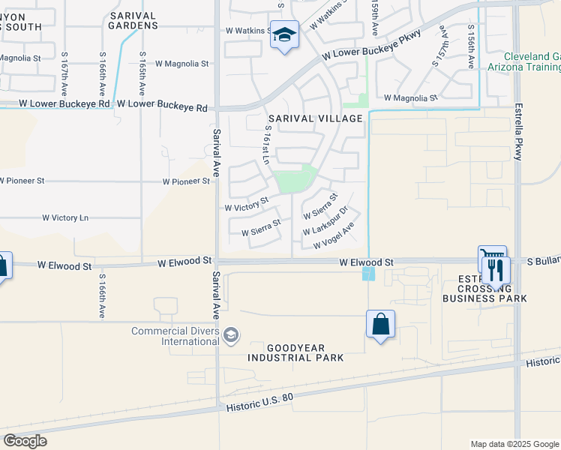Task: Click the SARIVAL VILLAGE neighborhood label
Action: coord(316,118)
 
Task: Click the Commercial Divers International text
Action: coord(175,336)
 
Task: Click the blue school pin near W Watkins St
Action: coord(285,35)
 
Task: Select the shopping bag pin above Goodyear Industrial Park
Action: coord(381,325)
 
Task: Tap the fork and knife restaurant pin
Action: coord(496,269)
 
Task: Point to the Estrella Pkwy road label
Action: coord(517,133)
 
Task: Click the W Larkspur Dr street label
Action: coord(326,223)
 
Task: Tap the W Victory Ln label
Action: coord(65,217)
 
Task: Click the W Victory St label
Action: coord(247,205)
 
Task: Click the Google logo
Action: coord(25,441)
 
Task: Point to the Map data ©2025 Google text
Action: coord(514,444)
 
